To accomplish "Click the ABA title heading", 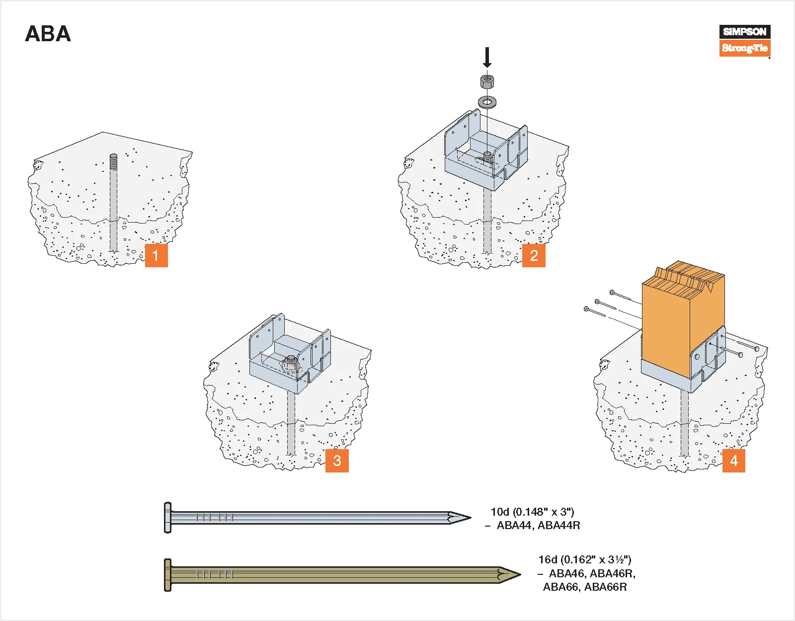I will point(48,34).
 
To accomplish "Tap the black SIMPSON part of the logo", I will point(744,32).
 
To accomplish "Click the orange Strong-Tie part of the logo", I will point(744,48).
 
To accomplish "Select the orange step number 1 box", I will point(156,255).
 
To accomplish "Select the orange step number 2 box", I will point(534,255).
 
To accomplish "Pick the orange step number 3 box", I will point(337,460).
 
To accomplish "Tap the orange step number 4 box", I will point(733,460).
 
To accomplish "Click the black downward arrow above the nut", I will point(487,57).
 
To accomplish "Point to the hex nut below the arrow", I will point(487,80).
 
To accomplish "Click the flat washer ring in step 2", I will point(487,102).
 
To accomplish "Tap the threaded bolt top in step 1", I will point(113,161).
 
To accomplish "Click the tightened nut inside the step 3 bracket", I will point(291,361).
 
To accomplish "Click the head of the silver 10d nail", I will point(168,518).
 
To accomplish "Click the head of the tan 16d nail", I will point(168,575).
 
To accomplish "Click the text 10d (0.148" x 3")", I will point(532,512).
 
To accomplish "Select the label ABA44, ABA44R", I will point(538,526).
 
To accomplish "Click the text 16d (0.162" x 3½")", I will point(584,560).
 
